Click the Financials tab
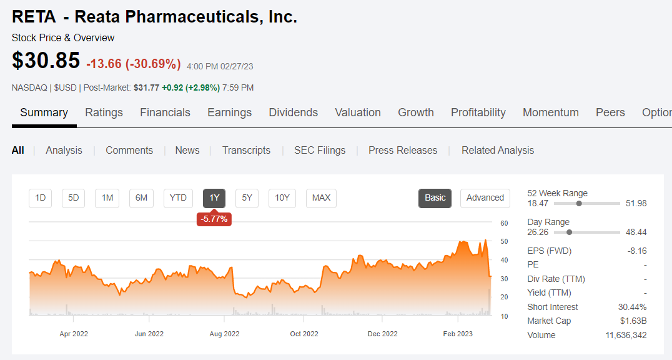pyautogui.click(x=165, y=112)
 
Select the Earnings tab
pyautogui.click(x=229, y=112)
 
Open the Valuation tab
pyautogui.click(x=357, y=112)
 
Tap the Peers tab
pyautogui.click(x=610, y=112)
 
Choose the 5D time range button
pyautogui.click(x=74, y=197)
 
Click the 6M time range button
pyautogui.click(x=141, y=197)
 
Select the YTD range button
pyautogui.click(x=178, y=197)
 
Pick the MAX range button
pyautogui.click(x=321, y=197)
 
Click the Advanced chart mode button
pyautogui.click(x=485, y=197)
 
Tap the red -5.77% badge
pyautogui.click(x=214, y=219)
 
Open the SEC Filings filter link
pyautogui.click(x=320, y=150)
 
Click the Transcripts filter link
pyautogui.click(x=246, y=150)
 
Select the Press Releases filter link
pyautogui.click(x=402, y=150)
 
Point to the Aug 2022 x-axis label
pyautogui.click(x=224, y=334)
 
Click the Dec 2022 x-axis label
pyautogui.click(x=382, y=334)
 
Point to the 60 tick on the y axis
pyautogui.click(x=504, y=223)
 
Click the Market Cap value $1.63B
pyautogui.click(x=633, y=321)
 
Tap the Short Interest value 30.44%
pyautogui.click(x=632, y=307)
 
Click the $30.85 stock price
pyautogui.click(x=46, y=61)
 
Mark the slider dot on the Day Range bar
pyautogui.click(x=569, y=232)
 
